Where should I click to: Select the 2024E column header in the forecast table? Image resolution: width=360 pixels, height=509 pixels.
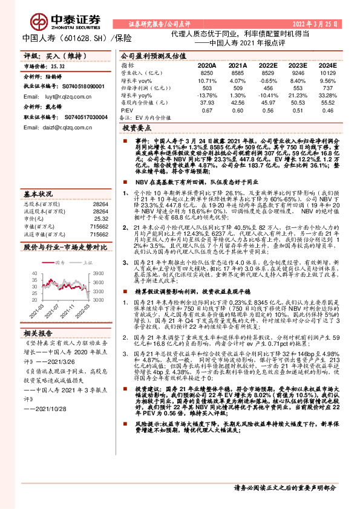click(x=327, y=64)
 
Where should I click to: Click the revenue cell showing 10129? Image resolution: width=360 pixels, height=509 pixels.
click(x=327, y=72)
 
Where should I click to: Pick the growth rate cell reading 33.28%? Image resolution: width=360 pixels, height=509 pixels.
click(x=327, y=96)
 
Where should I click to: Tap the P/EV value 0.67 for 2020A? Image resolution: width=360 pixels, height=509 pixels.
click(x=208, y=111)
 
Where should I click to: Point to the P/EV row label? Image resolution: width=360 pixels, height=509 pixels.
click(x=126, y=111)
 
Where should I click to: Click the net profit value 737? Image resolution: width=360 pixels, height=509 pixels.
click(x=327, y=88)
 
